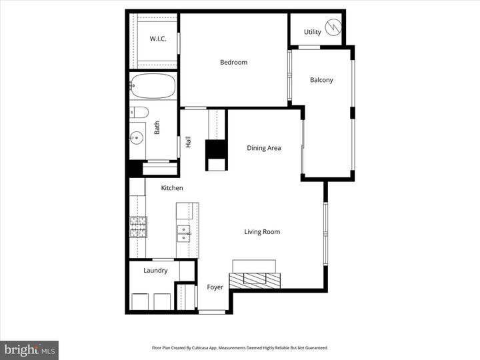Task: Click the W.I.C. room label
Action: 158,39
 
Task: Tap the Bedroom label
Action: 233,63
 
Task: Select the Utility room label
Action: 312,32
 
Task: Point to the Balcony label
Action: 321,80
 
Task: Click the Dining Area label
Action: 263,148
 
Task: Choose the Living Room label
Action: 261,232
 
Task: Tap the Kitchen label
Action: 171,188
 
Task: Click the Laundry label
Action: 155,271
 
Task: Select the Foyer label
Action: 215,287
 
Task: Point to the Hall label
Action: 189,141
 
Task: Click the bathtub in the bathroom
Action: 153,87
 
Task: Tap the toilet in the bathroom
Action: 139,111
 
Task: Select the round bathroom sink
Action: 137,138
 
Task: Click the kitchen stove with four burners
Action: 137,227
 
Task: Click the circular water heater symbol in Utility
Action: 331,31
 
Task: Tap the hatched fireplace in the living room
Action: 255,279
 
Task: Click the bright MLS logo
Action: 29,350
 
